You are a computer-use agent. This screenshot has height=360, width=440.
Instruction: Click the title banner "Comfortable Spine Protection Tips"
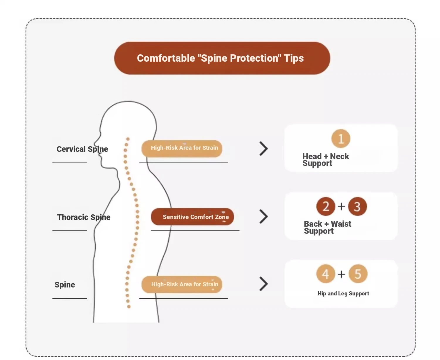tap(222, 58)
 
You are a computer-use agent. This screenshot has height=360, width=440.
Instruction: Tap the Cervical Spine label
tap(82, 149)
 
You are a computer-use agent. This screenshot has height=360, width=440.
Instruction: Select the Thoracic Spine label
tap(84, 217)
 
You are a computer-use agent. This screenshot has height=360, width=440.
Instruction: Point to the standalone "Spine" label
tap(65, 285)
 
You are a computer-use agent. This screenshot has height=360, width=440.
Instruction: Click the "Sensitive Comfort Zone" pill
tap(192, 217)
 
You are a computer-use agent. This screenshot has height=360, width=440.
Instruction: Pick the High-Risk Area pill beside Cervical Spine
tap(182, 148)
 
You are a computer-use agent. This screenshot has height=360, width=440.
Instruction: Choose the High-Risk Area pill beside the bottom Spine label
tap(182, 284)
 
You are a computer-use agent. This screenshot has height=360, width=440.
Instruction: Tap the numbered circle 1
tap(341, 139)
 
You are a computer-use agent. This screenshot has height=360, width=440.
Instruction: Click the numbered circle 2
tap(326, 206)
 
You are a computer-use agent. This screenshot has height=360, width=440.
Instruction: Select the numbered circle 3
tap(357, 206)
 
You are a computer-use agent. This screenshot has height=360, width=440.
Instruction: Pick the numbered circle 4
tap(326, 274)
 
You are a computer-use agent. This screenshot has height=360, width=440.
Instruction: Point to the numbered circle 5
tap(358, 274)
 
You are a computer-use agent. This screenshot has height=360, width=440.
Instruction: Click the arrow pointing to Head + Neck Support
tap(263, 149)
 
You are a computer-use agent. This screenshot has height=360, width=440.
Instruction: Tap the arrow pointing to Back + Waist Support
tap(263, 217)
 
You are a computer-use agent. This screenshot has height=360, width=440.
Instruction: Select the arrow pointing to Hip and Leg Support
tap(263, 284)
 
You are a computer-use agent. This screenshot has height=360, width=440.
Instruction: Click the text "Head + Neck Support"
tap(325, 160)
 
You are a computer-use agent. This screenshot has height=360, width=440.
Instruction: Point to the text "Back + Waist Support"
tap(327, 227)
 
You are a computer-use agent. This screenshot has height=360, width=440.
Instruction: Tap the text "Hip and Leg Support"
tap(343, 294)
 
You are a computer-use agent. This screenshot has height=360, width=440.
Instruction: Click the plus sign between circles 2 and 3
tap(341, 206)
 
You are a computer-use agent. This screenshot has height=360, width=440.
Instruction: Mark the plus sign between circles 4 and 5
tap(341, 274)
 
